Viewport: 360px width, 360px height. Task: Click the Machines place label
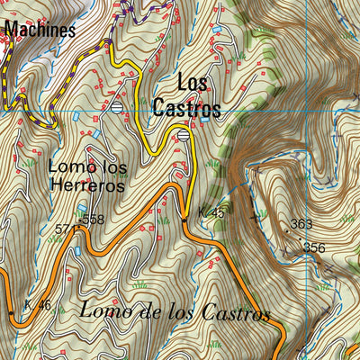(39, 30)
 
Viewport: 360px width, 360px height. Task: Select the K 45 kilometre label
(211, 212)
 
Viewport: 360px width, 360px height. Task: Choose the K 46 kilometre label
(38, 306)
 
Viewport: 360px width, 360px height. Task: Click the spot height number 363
(301, 223)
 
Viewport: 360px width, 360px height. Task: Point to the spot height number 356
(314, 247)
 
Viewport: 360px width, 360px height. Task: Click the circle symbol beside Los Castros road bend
(184, 135)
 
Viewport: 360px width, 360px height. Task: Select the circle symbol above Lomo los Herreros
(117, 107)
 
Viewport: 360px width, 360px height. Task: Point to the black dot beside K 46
(11, 312)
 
